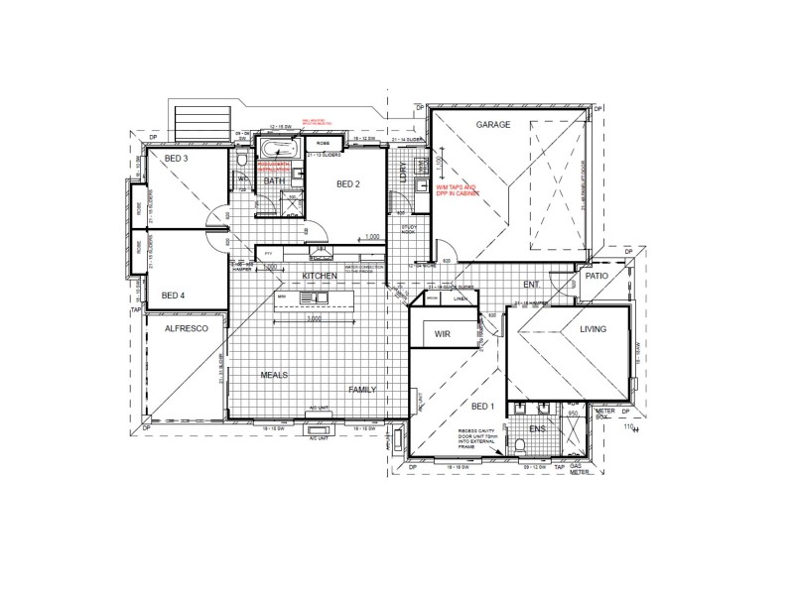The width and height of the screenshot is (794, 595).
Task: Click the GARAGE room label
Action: coord(492,125)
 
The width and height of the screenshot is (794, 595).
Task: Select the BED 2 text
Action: coord(347,183)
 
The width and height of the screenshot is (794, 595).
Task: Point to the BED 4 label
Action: coord(174,295)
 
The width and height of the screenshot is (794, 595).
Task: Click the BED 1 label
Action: coord(482,408)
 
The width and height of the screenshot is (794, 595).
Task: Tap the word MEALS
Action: coord(275,375)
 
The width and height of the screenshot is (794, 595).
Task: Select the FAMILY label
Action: coord(361,390)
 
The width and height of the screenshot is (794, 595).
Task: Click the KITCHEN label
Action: coord(321,275)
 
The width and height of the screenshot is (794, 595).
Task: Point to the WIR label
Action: coord(443,335)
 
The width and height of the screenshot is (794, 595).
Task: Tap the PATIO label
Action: coord(596,277)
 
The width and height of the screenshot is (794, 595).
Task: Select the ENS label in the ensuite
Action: coord(536,428)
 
